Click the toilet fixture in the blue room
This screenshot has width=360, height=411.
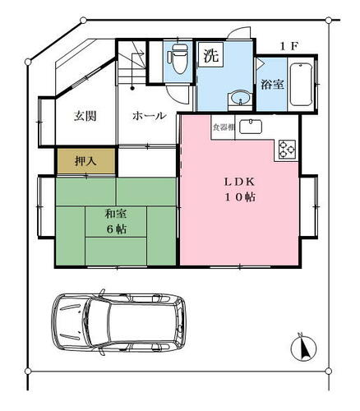point(178,59)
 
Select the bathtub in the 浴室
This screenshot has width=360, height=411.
point(302,85)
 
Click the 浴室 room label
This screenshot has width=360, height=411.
point(272,84)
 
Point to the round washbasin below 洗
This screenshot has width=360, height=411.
point(240,98)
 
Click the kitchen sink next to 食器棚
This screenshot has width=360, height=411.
point(251,127)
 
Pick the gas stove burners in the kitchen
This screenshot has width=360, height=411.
point(287,150)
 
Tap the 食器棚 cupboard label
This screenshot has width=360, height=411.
point(224,127)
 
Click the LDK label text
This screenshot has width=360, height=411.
point(240,182)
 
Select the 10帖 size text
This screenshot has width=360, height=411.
point(240,197)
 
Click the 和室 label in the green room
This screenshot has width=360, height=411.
point(116,214)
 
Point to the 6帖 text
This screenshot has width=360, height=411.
point(116,229)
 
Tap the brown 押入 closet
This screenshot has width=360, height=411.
point(86,161)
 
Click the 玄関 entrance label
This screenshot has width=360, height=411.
point(85,116)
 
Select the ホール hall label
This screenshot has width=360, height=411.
point(150,116)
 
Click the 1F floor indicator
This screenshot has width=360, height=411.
point(288,47)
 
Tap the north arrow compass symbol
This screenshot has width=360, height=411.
point(303,348)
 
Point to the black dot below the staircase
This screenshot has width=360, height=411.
point(132,88)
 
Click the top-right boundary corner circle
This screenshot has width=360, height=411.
point(329,20)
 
